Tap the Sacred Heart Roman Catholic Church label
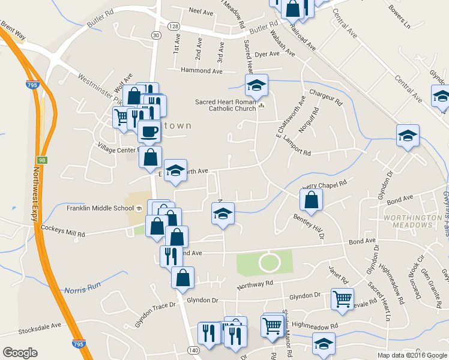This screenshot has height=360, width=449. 224,105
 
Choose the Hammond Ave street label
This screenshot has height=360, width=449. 197,70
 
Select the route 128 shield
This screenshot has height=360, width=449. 173,26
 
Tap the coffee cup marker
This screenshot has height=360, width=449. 149,131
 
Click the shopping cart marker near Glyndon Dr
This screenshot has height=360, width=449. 342,298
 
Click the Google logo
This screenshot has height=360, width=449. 20,353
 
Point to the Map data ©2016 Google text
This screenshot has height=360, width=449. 411,355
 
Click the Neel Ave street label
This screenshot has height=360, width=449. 201,11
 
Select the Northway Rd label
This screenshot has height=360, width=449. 255,284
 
